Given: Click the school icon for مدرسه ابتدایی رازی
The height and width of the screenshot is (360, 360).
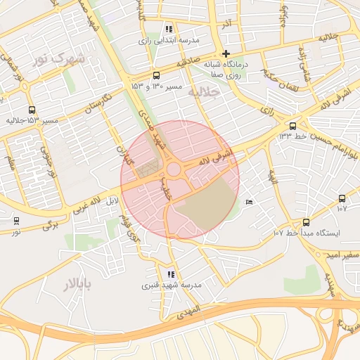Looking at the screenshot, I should pyautogui.click(x=168, y=29).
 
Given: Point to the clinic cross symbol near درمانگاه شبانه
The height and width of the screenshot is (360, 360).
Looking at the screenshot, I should pyautogui.click(x=225, y=53).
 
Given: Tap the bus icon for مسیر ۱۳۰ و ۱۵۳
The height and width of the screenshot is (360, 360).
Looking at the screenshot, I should pyautogui.click(x=155, y=75).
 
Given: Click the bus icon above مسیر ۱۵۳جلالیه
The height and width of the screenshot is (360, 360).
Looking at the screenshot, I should pyautogui.click(x=32, y=110).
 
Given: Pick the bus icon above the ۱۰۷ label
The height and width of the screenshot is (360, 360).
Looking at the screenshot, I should pyautogui.click(x=342, y=198).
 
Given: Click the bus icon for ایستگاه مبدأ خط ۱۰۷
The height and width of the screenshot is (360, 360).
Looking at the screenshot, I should pyautogui.click(x=305, y=222).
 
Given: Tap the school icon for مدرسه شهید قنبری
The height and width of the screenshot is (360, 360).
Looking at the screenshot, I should pyautogui.click(x=171, y=274).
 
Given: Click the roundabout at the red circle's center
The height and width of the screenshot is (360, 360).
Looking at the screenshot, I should pyautogui.click(x=173, y=169).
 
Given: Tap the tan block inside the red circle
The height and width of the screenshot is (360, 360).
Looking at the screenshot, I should pyautogui.click(x=206, y=205).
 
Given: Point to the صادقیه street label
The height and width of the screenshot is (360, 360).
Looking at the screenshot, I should pyautogui.click(x=190, y=63).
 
